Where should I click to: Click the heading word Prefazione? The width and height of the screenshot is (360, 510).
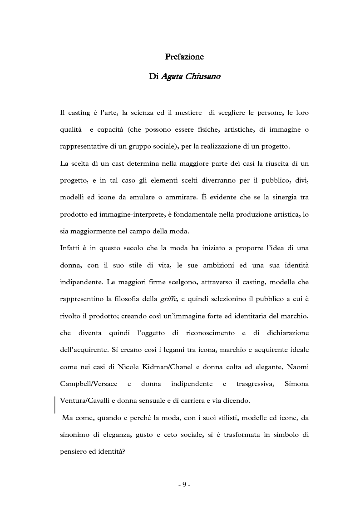[184, 57]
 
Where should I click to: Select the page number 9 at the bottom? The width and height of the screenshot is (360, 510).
[184, 485]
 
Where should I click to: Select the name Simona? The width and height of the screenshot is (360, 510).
[296, 384]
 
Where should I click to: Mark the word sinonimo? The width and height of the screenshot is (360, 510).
[75, 435]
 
